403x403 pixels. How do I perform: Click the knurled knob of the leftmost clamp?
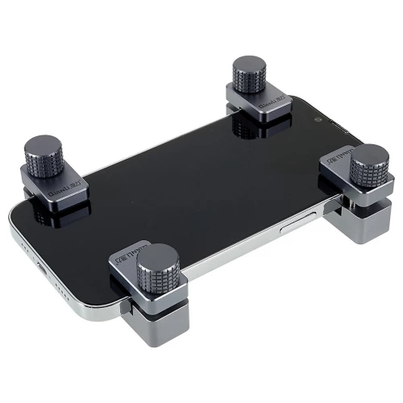tap(49, 153)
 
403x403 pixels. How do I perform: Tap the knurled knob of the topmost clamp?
tap(248, 77)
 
